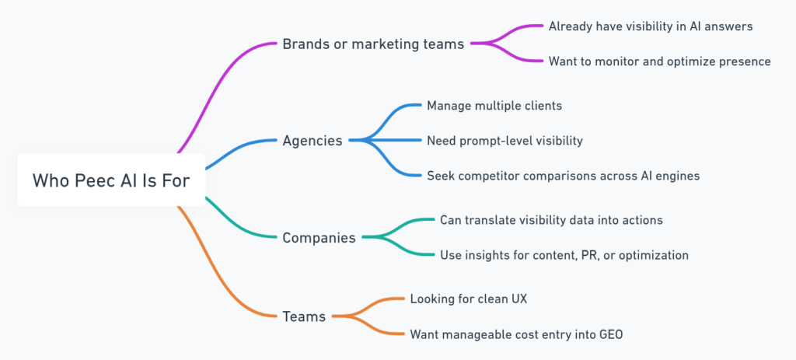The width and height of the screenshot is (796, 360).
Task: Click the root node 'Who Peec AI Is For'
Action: click(x=110, y=180)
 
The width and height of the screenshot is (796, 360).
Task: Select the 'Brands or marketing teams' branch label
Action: click(x=373, y=44)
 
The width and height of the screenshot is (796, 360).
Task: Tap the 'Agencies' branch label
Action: click(x=312, y=141)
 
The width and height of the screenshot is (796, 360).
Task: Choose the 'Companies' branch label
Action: click(x=319, y=237)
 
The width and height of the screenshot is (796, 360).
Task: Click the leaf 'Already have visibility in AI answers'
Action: click(x=650, y=26)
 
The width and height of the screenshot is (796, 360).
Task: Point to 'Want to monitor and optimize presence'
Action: click(x=659, y=61)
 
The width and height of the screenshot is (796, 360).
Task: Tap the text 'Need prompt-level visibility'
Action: click(x=504, y=141)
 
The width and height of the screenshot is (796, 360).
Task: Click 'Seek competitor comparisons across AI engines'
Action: click(x=563, y=176)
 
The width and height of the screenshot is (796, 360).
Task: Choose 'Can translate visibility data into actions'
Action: click(x=551, y=220)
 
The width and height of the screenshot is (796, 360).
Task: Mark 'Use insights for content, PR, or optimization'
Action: click(x=564, y=254)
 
